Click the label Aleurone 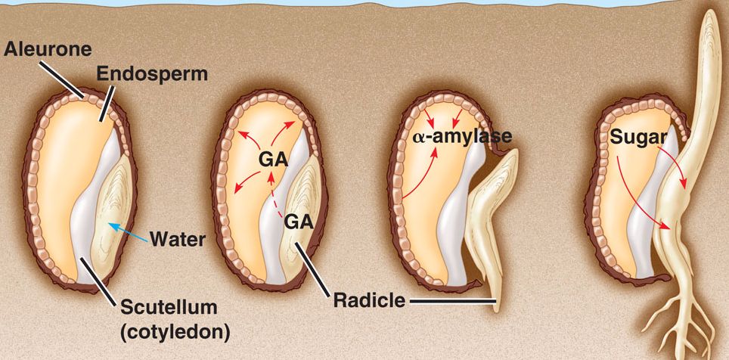click(47, 50)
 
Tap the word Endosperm click(144, 74)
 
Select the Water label click(178, 241)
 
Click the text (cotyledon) click(175, 331)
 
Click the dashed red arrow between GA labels click(274, 198)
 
